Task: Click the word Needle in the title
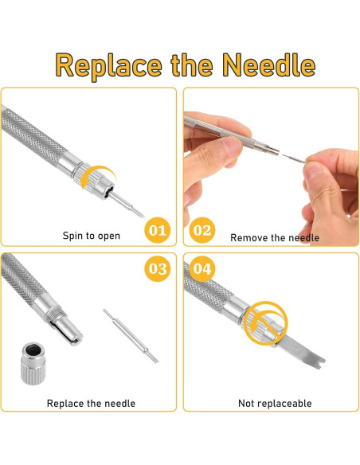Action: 268,64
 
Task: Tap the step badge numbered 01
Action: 158,232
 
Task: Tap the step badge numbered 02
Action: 202,232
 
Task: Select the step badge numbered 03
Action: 158,269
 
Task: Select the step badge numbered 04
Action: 202,269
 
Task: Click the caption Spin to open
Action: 91,236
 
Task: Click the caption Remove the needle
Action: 275,237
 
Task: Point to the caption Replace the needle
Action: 91,404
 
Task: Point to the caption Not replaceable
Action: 275,404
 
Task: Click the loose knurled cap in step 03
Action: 33,367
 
